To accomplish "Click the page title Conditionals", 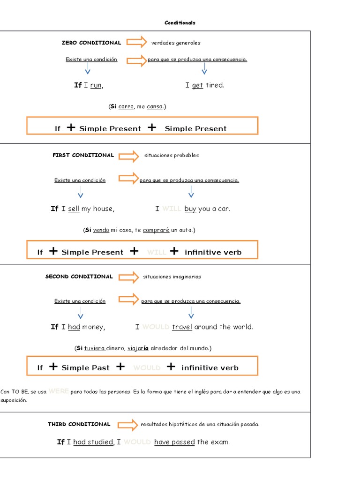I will [180, 22].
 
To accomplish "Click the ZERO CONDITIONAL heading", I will [91, 43].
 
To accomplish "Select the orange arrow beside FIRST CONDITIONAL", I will [129, 156].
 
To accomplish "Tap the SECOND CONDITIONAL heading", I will [79, 277].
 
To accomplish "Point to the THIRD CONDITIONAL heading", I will [79, 424].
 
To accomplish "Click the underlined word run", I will [96, 85].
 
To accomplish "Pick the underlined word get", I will [197, 85].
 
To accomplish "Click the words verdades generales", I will [176, 43].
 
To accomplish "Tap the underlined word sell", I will [74, 209].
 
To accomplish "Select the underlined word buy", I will [190, 209].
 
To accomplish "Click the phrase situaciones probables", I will [172, 156].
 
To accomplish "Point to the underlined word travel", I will [182, 327].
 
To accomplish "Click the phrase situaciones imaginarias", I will [172, 277].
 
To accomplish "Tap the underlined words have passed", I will [174, 442].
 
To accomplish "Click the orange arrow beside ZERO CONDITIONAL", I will [137, 42].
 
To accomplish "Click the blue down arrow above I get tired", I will [204, 69].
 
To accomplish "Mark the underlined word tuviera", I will [94, 348].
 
